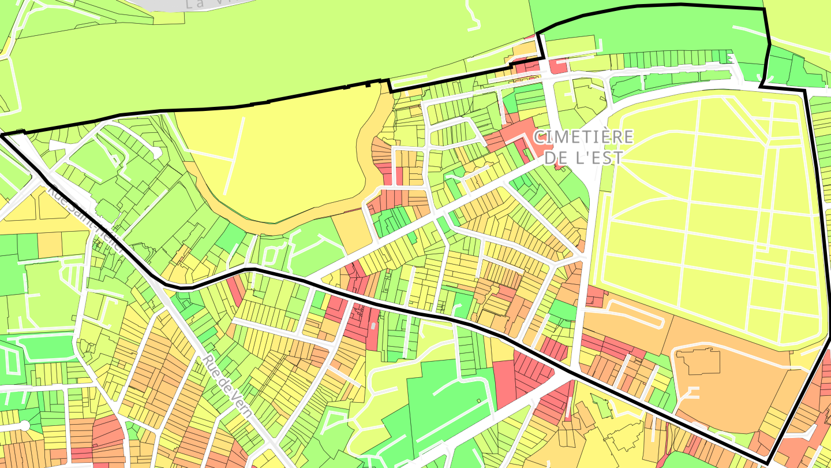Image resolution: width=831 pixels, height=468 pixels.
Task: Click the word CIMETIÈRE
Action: pos(583,138)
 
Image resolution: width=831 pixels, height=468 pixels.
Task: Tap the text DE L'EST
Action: pos(583,158)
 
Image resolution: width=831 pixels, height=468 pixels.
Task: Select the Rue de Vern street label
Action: pos(227,385)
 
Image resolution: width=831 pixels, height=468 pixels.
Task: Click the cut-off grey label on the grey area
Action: pos(214,3)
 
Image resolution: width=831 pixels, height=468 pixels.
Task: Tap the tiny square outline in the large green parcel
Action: pos(478,400)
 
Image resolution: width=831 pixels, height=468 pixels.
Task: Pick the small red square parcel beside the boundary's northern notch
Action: pos(557,67)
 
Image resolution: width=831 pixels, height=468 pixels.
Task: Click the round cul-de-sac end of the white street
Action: pos(24,426)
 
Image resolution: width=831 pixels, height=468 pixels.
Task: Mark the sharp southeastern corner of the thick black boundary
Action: pos(769,462)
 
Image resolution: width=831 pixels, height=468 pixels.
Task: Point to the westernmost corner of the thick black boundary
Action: pos(2,135)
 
